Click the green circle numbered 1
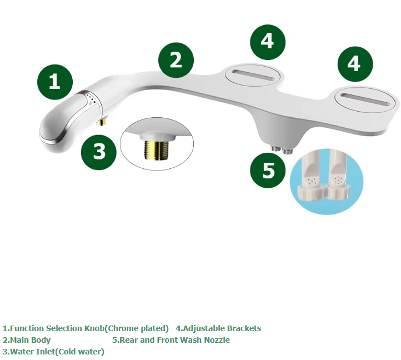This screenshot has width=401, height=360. pos(55,82)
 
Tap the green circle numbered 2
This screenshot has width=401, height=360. pos(176,60)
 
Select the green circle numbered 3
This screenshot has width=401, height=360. pos(99,152)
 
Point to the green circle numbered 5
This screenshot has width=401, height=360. pos(268,171)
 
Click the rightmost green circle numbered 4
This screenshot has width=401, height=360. pos(355,64)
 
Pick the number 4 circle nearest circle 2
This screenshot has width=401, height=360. pos(268,42)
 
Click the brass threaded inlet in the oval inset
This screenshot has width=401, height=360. pos(157,150)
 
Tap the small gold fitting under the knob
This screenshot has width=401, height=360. pos(102,121)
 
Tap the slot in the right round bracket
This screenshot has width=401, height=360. pos(365,100)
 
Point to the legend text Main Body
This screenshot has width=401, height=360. pos(30,341)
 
